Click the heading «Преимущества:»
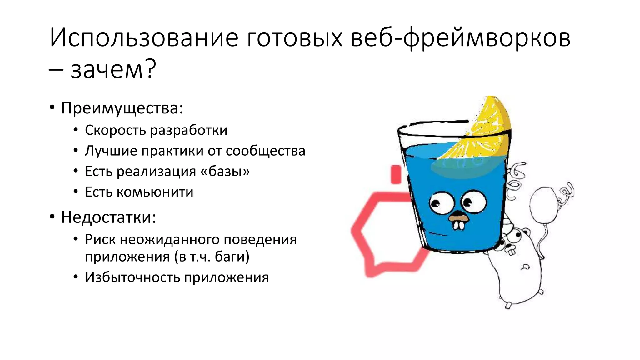[x=122, y=108]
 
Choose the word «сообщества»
[x=265, y=151]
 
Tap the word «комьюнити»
[x=155, y=192]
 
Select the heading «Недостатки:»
[x=108, y=217]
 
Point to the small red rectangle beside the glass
[x=396, y=174]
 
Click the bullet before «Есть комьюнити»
[x=76, y=192]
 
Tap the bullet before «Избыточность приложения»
[x=76, y=277]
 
